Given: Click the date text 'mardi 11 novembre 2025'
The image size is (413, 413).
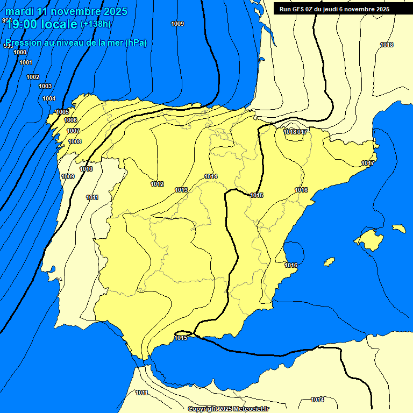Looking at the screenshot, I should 66,11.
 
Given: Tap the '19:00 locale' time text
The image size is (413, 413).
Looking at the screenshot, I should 42,24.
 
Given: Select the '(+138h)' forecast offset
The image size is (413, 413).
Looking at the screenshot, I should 95,24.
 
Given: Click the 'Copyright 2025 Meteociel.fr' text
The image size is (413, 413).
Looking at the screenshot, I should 228,409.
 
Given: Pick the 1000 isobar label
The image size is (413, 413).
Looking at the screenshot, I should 20,52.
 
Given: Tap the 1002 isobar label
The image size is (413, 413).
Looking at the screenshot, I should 33,77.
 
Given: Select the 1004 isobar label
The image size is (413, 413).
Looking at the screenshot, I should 49,98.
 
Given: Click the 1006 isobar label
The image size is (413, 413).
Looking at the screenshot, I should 70,120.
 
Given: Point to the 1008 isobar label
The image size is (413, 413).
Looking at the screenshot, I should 75,141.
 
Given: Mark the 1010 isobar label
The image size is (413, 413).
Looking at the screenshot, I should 86,169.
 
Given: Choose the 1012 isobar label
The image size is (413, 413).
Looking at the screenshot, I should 157,184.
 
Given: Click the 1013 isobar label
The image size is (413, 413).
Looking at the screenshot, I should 181,190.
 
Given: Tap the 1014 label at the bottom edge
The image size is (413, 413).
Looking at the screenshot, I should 317,400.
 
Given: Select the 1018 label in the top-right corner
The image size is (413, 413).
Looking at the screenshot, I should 387,45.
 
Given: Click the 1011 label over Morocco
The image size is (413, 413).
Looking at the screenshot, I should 141,393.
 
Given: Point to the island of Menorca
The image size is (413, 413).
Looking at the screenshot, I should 398,229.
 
